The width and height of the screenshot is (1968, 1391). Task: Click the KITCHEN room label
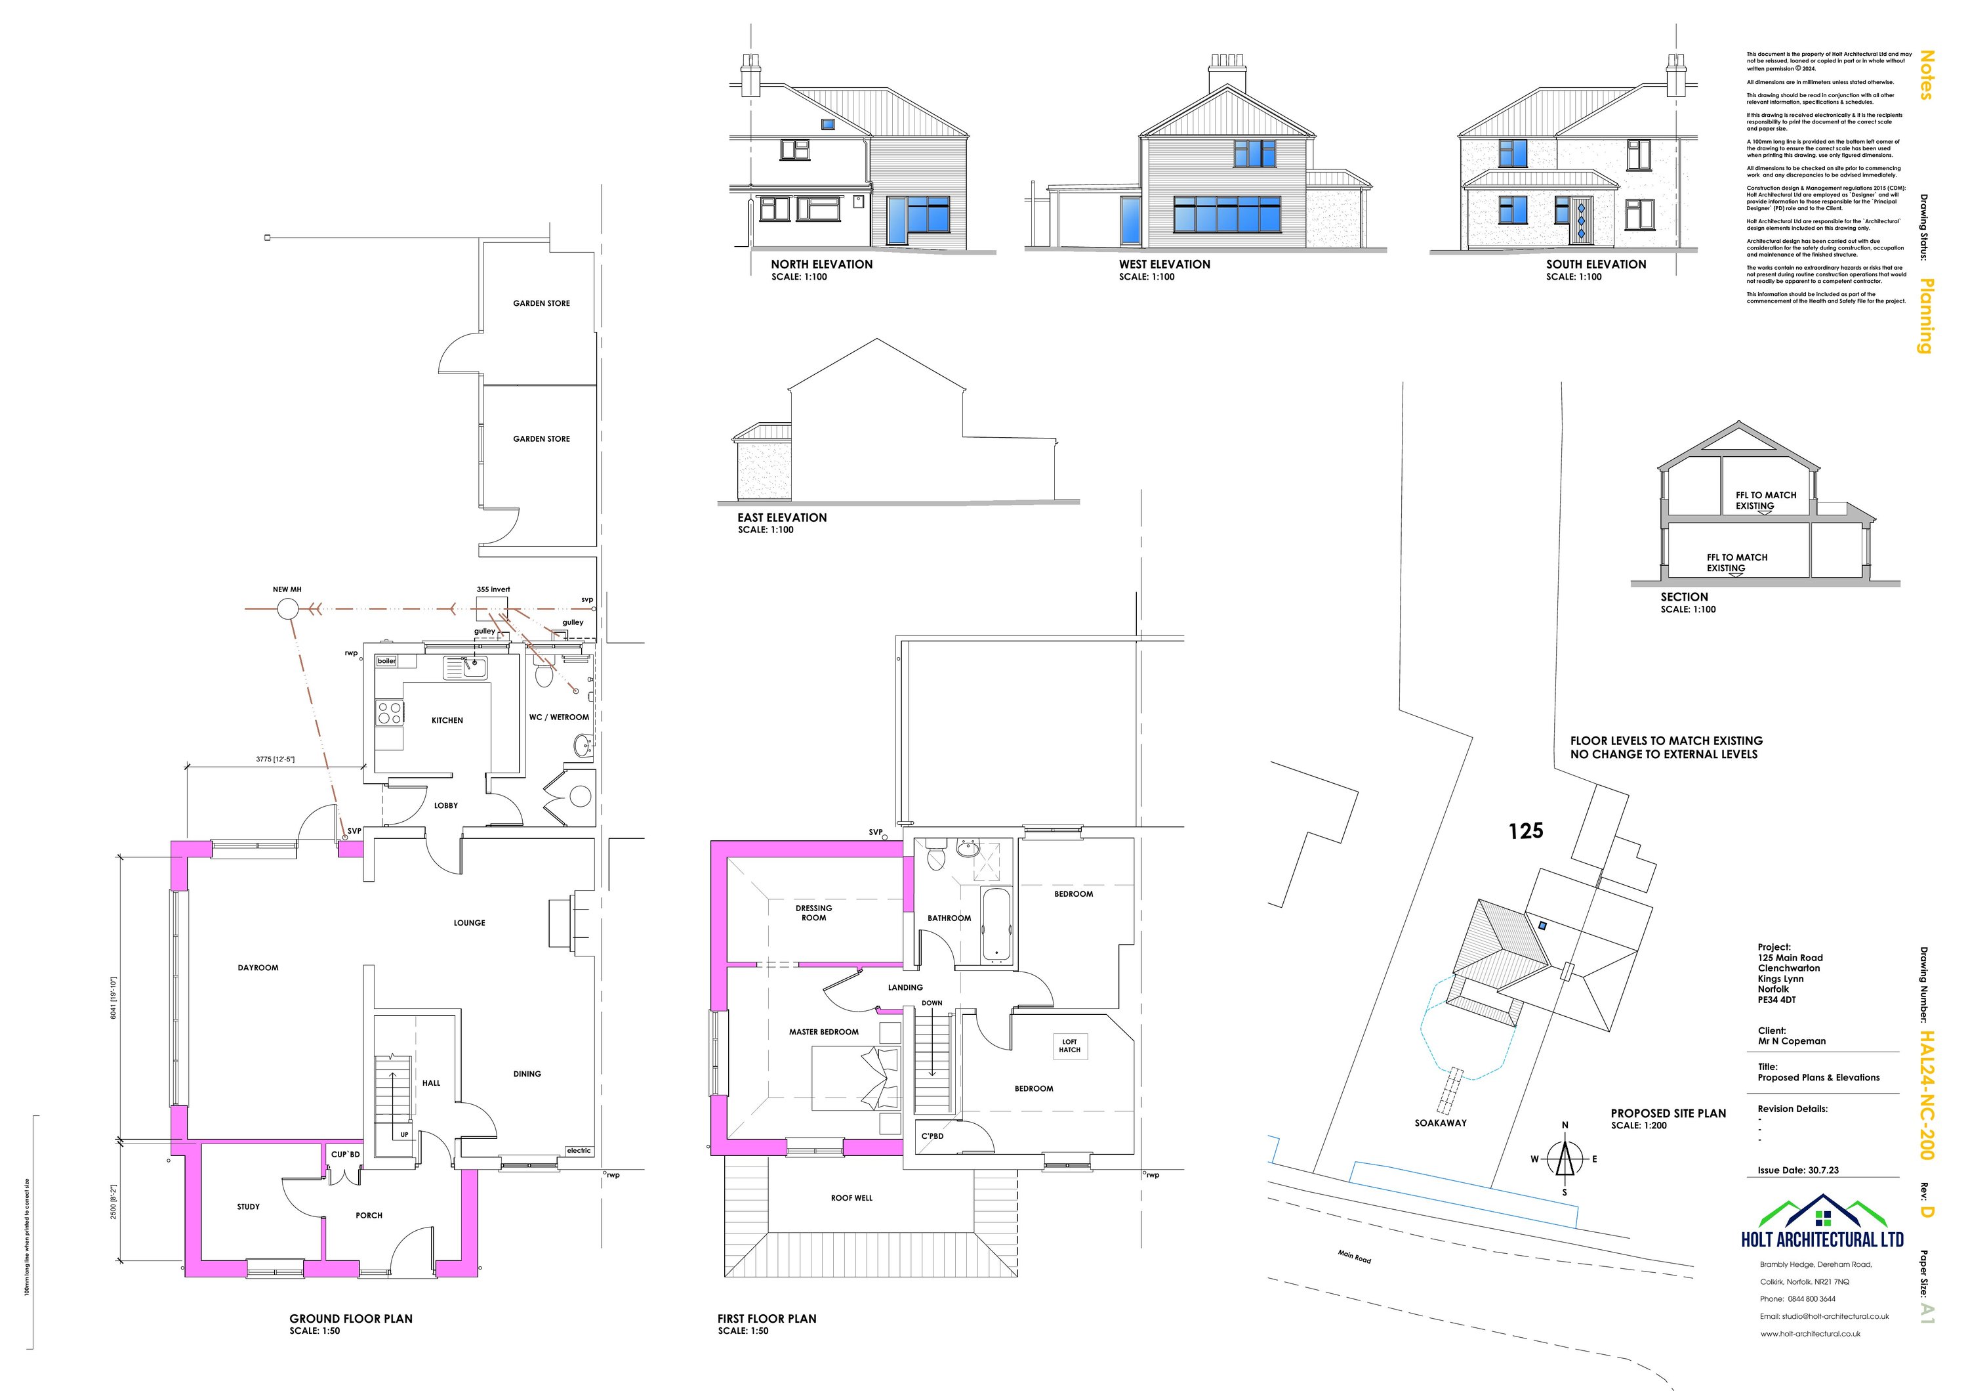447,720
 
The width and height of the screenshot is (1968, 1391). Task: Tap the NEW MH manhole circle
288,609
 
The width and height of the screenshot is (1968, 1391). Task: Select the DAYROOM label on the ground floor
258,968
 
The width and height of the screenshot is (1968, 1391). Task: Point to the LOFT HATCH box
1070,1046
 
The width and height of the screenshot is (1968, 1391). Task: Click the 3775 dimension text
275,759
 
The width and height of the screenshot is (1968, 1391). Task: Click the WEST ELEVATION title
1164,264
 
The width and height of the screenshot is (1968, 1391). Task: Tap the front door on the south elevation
1582,221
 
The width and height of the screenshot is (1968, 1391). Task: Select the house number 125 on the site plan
1526,830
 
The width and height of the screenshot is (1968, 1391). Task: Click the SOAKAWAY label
1440,1123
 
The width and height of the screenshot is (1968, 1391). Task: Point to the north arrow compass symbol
1565,1159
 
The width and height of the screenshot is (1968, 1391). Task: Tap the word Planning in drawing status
1925,316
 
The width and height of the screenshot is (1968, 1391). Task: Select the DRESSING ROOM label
813,912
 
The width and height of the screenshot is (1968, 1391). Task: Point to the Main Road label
1354,1257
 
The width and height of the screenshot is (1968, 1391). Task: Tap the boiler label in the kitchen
386,661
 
